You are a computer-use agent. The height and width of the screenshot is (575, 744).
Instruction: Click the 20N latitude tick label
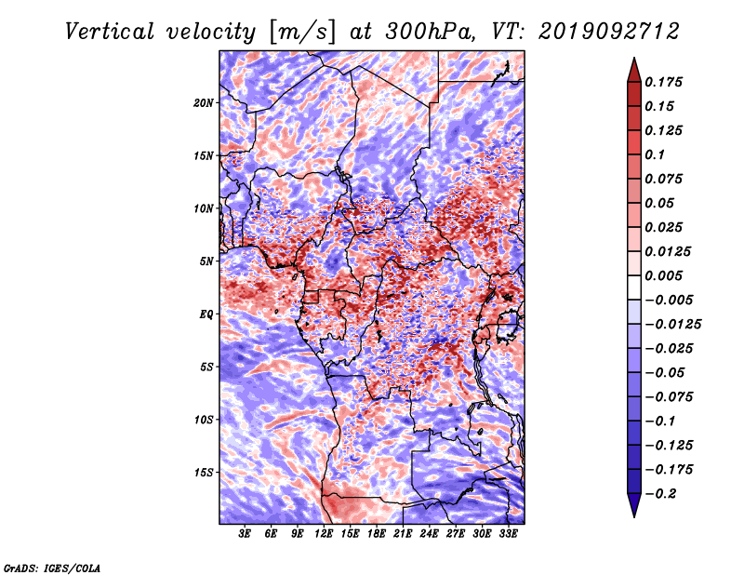point(204,103)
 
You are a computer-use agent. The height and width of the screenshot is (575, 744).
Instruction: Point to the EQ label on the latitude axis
point(206,314)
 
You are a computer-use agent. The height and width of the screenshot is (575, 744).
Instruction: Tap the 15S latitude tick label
point(204,473)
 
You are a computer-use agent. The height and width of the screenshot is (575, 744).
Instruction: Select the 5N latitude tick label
point(206,261)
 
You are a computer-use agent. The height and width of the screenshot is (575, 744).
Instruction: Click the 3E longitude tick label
point(245,534)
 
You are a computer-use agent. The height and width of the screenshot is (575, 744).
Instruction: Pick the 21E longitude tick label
point(403,534)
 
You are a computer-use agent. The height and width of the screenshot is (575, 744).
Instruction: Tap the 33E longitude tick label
point(508,534)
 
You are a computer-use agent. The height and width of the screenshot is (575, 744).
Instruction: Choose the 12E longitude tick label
point(324,534)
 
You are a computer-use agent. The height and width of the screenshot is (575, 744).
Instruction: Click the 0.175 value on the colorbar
point(663,82)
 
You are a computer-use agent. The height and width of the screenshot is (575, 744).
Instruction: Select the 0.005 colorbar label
point(663,275)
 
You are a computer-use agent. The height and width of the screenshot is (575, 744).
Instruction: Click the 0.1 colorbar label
point(655,154)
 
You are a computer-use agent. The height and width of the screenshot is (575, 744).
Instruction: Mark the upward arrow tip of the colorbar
point(634,58)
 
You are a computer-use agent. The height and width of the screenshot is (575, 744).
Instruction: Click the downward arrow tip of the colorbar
point(634,516)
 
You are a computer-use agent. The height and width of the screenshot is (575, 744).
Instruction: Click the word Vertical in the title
point(110,32)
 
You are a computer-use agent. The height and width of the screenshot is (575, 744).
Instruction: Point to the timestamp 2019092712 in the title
point(609,32)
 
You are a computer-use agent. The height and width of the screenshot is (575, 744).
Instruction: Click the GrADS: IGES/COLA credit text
point(52,568)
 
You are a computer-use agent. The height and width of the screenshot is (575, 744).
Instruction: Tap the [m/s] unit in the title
point(302,32)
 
